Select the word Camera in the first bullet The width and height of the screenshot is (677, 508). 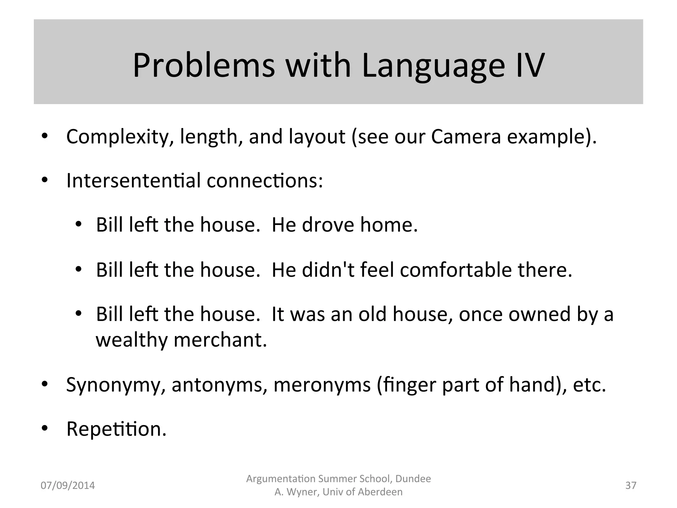[x=466, y=137]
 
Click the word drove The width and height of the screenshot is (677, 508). [x=328, y=225]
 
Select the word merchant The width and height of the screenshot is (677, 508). [x=220, y=340]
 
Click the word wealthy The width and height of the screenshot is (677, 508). [x=132, y=340]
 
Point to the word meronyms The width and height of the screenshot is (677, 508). [x=322, y=385]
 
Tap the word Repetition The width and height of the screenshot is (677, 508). [x=116, y=429]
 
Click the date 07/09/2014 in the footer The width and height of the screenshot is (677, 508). [x=68, y=486]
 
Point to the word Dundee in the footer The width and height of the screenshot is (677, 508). [x=413, y=479]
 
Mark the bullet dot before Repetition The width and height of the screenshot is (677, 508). [x=45, y=429]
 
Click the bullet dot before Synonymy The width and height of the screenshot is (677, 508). [x=45, y=384]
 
